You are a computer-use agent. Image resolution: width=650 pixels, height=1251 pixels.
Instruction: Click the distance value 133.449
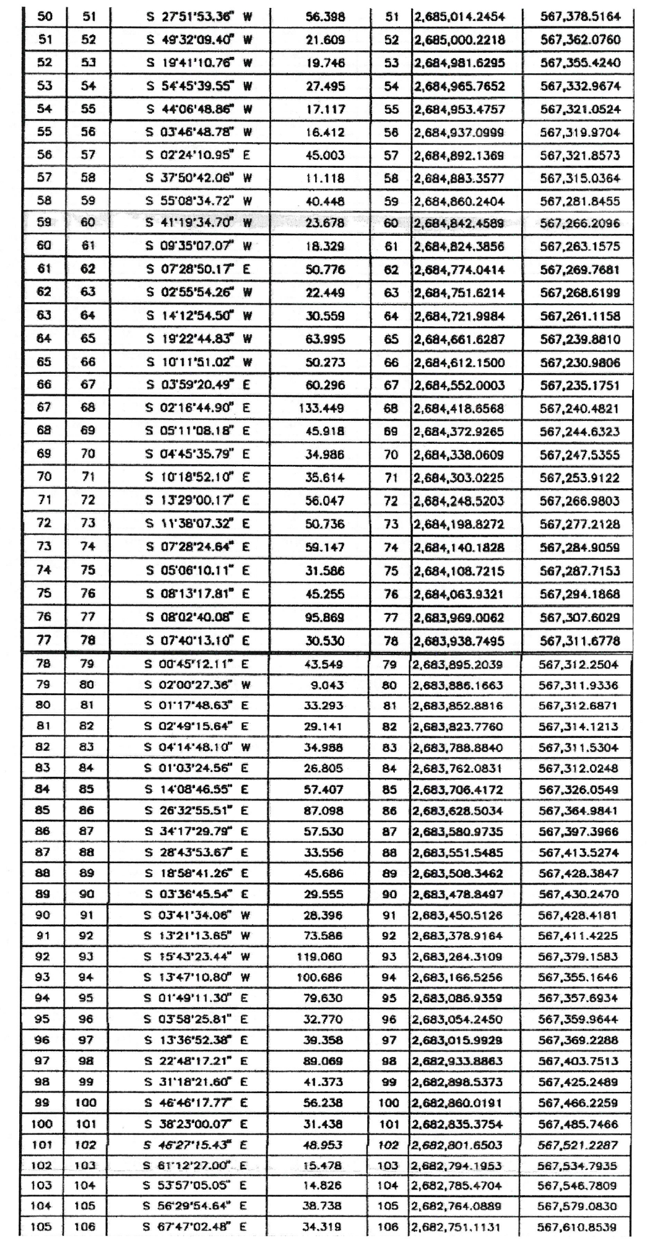324,409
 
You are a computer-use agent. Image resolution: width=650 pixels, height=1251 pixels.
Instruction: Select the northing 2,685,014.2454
458,17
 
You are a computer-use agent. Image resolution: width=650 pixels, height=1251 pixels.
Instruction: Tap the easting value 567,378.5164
579,17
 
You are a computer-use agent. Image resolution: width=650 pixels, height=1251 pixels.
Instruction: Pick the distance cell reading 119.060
323,956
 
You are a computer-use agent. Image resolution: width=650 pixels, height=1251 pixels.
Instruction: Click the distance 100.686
323,977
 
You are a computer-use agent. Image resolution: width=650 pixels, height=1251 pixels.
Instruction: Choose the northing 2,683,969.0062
458,617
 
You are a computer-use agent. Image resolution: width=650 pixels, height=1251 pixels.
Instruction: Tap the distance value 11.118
325,178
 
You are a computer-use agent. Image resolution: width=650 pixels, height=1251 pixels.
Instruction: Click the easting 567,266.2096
579,223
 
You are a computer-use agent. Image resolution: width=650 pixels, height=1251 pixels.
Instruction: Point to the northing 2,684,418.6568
458,409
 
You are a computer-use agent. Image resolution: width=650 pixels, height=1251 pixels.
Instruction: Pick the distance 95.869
325,617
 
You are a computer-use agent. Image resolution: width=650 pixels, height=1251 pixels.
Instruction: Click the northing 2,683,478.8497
457,894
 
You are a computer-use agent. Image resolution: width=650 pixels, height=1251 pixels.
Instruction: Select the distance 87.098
323,810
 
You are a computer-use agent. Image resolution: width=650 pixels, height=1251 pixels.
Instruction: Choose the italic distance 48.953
323,1145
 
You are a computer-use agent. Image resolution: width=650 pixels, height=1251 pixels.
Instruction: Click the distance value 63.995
325,339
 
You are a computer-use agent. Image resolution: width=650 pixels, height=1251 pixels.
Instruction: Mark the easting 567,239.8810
579,339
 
